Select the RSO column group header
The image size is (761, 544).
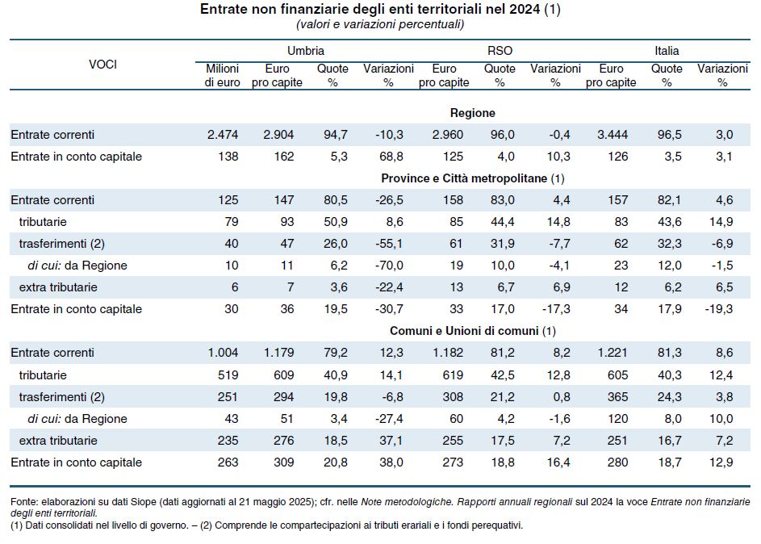point(500,51)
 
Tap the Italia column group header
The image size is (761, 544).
point(667,51)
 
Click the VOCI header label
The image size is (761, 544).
point(102,65)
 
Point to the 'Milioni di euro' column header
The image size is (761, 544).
point(222,76)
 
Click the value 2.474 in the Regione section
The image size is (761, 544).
point(223,134)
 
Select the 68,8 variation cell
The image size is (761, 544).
point(389,156)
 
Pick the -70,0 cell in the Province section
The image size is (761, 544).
point(389,266)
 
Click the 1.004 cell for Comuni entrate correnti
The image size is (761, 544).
point(223,353)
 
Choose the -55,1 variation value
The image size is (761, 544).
point(389,244)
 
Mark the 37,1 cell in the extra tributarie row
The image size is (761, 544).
point(389,441)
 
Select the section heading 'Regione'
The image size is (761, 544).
point(472,113)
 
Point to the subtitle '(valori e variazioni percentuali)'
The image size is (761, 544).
point(380,25)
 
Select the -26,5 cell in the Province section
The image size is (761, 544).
point(389,199)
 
